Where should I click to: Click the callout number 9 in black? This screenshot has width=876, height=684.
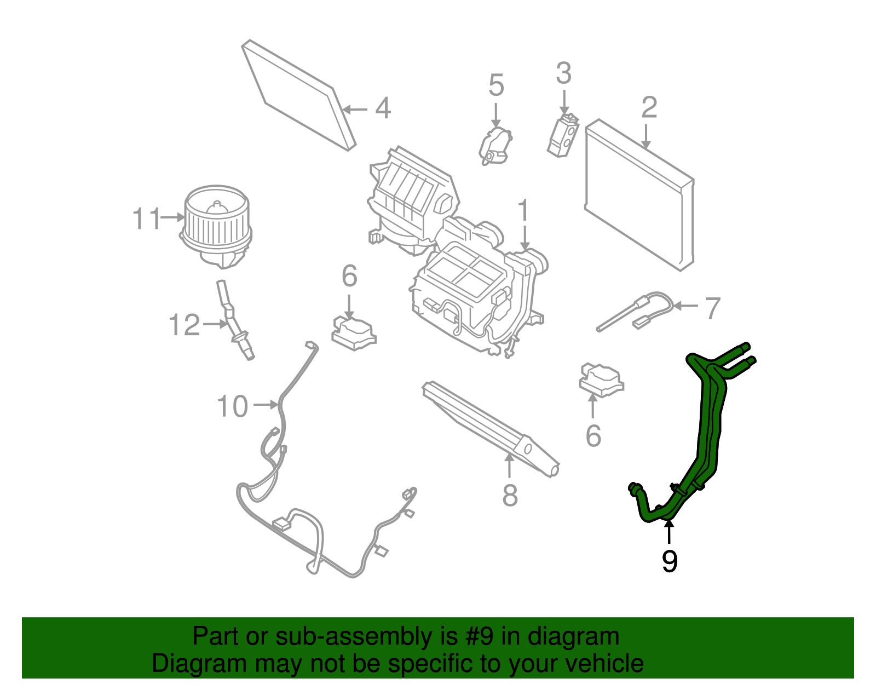coord(669,562)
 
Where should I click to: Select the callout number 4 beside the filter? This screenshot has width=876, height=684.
coord(383,108)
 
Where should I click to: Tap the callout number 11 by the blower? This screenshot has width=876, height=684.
coord(147,219)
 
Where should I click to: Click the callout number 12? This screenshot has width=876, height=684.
coord(185,325)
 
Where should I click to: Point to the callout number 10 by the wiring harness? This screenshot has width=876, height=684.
coord(232,406)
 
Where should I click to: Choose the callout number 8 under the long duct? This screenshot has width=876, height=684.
coord(510,496)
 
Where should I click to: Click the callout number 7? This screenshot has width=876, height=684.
coord(712,308)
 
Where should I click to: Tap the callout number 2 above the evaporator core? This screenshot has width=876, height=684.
coord(649,107)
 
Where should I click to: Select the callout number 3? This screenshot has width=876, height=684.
coord(564,73)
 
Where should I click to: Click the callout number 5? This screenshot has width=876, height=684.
coord(496,85)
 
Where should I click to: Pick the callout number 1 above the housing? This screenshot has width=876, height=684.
coord(524,211)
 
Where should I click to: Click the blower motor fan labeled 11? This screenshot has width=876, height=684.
coord(216,226)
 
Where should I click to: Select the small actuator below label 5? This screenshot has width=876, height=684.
coord(495,146)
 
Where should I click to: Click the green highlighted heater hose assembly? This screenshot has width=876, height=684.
coord(709,427)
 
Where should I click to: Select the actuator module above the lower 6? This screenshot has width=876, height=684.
coord(601,379)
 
